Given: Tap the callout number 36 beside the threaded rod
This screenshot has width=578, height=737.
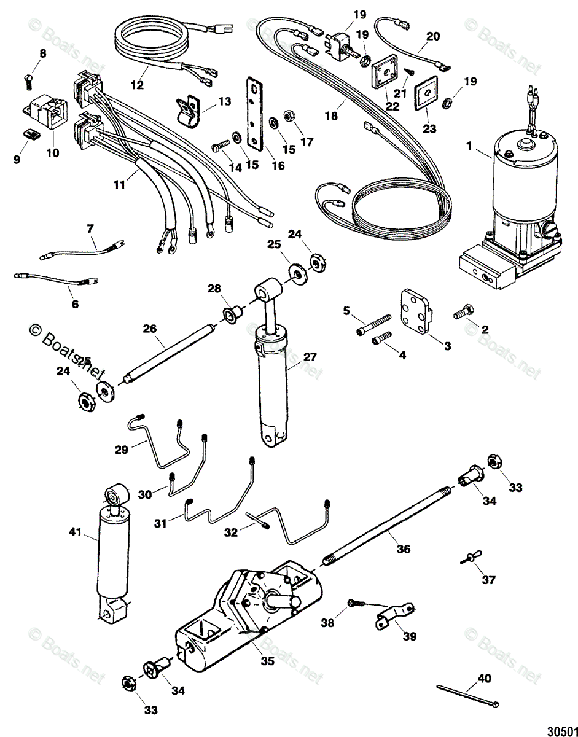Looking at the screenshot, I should pyautogui.click(x=403, y=549).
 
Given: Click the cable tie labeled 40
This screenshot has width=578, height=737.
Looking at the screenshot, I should pyautogui.click(x=467, y=695).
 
